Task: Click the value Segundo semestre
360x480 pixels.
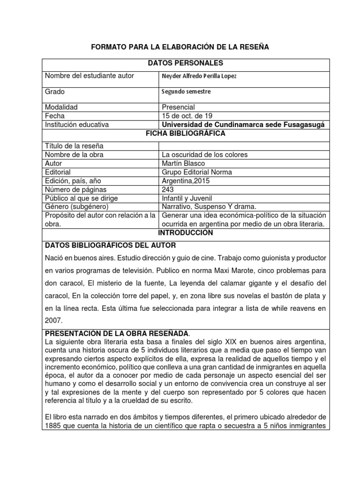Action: click(x=186, y=92)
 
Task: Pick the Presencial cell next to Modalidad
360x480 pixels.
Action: click(x=178, y=107)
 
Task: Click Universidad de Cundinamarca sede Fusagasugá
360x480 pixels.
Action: click(x=242, y=125)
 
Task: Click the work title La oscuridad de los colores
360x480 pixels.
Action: click(x=204, y=155)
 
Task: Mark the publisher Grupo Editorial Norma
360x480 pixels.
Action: click(x=196, y=172)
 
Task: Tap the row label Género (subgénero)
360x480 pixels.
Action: click(x=76, y=207)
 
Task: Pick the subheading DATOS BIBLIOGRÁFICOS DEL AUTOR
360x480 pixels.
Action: click(x=110, y=246)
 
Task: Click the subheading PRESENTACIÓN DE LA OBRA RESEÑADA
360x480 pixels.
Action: click(x=117, y=333)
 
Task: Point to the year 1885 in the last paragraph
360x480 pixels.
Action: click(x=54, y=426)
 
